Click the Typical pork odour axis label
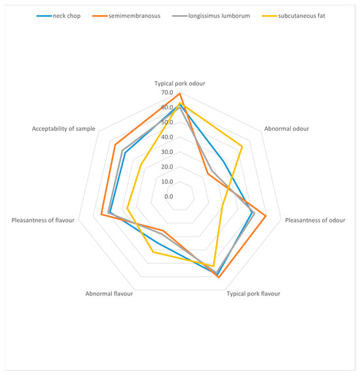pos(179,84)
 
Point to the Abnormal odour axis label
pos(287,128)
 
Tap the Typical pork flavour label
pos(253,294)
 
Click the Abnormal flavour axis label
pos(109,294)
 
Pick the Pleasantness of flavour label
pos(43,220)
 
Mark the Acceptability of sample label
pos(63,128)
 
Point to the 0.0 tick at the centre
pos(169,197)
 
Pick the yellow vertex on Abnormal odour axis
pos(243,145)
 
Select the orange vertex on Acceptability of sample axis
pos(115,145)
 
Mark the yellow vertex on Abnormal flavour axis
pos(153,252)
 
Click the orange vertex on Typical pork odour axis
pos(179,94)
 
